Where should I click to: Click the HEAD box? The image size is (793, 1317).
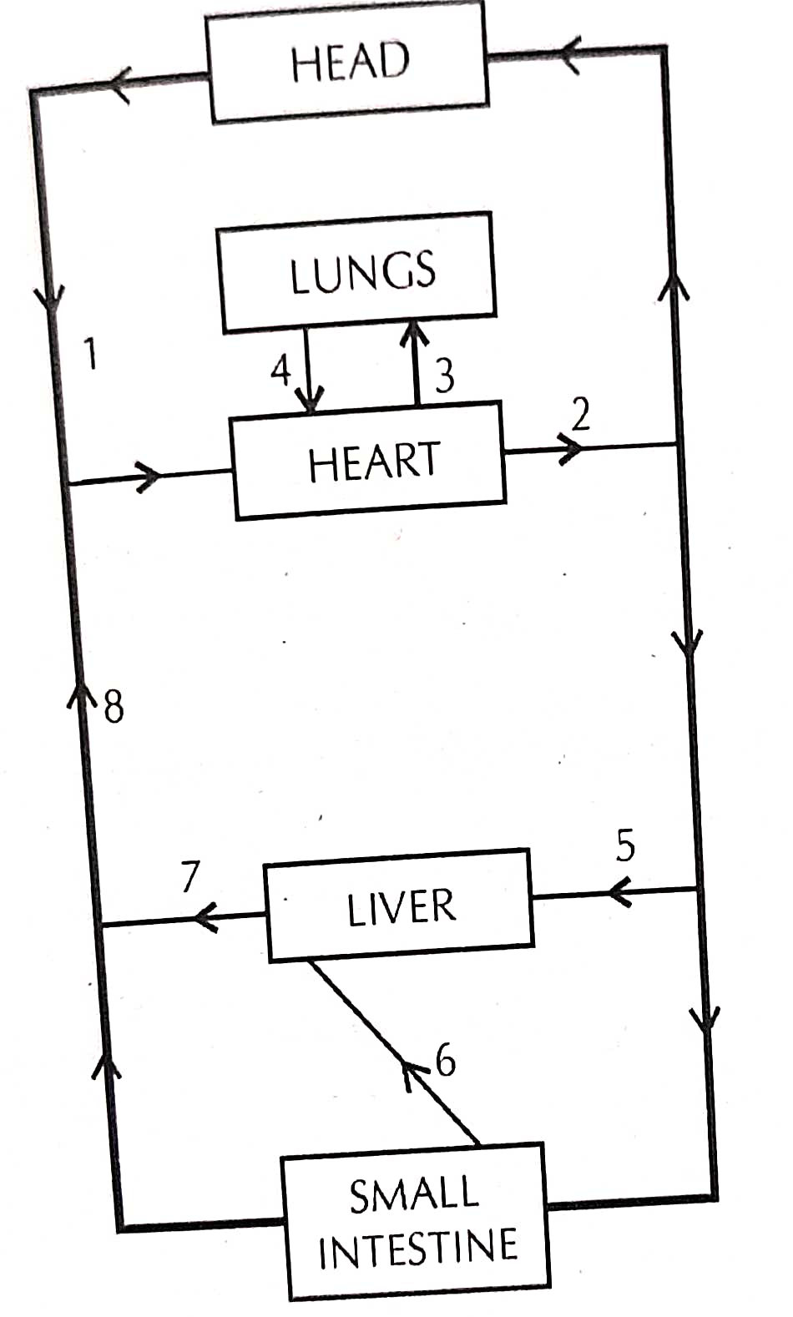[x=348, y=63]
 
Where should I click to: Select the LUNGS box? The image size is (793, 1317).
[x=359, y=272]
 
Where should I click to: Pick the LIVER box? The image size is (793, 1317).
[x=400, y=906]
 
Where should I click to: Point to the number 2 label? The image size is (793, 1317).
[x=580, y=414]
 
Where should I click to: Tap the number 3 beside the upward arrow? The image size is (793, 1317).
[x=445, y=376]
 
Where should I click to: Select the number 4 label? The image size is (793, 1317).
[x=281, y=368]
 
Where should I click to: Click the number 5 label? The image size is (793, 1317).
[x=625, y=845]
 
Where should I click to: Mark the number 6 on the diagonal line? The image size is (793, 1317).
[x=446, y=1061]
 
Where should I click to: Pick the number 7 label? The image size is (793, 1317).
[x=190, y=876]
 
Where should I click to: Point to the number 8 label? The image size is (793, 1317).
[x=114, y=707]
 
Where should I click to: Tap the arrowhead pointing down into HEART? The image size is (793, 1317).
[x=311, y=403]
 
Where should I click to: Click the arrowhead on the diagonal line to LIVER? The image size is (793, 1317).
[x=412, y=1073]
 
